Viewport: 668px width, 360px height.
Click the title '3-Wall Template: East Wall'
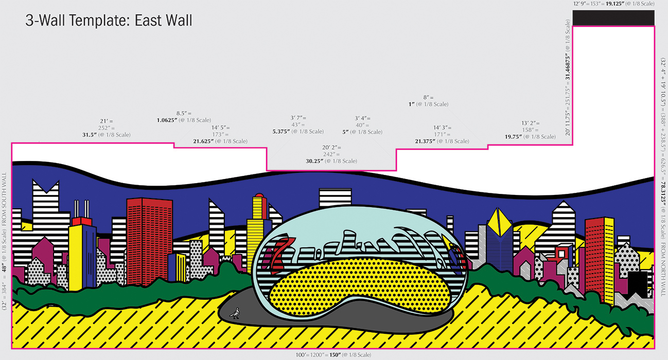pyautogui.click(x=109, y=21)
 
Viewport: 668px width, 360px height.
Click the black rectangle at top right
pyautogui.click(x=613, y=18)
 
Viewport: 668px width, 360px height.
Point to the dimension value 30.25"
pyautogui.click(x=314, y=161)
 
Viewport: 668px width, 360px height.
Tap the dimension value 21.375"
pyautogui.click(x=426, y=141)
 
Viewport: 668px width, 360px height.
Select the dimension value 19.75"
pyautogui.click(x=515, y=137)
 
